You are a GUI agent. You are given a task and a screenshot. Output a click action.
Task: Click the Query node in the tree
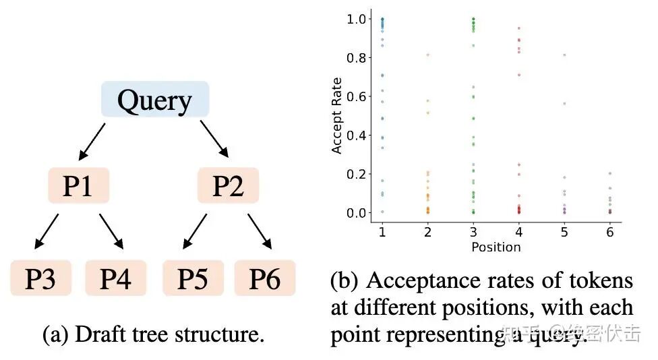[154, 100]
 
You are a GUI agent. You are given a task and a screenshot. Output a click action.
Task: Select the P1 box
[78, 185]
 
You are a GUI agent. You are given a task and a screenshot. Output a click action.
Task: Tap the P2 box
[228, 185]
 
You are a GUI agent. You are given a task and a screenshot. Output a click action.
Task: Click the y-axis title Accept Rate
[337, 115]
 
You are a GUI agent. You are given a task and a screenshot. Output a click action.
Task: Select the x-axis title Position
[496, 247]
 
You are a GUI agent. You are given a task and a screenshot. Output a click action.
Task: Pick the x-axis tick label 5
[564, 231]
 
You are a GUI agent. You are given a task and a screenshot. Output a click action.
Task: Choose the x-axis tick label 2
[427, 231]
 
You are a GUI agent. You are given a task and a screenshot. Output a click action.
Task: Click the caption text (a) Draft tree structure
[153, 335]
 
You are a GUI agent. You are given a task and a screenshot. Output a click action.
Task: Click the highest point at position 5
[564, 55]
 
